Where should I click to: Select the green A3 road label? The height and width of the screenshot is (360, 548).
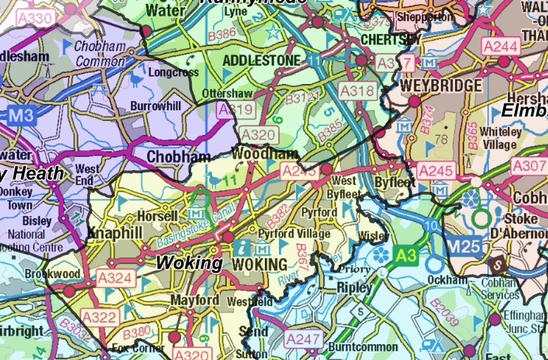tap(406, 256)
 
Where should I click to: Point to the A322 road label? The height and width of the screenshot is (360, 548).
tap(100, 317)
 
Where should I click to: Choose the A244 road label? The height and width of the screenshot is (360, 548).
tap(501, 47)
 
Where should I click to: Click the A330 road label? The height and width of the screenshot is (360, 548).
tap(34, 19)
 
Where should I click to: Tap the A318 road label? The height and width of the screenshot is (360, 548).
tap(357, 91)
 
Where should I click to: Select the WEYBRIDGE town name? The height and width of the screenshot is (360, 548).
tap(441, 85)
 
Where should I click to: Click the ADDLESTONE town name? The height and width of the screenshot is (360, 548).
tap(262, 61)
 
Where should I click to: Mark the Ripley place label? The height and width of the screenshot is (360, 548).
tap(354, 288)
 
